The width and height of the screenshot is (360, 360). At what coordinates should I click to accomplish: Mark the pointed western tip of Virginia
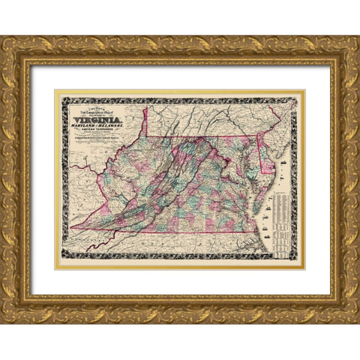point(74,226)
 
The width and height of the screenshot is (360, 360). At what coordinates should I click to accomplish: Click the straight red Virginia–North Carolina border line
point(187,231)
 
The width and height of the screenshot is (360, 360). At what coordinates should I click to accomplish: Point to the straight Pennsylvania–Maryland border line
point(217,138)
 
